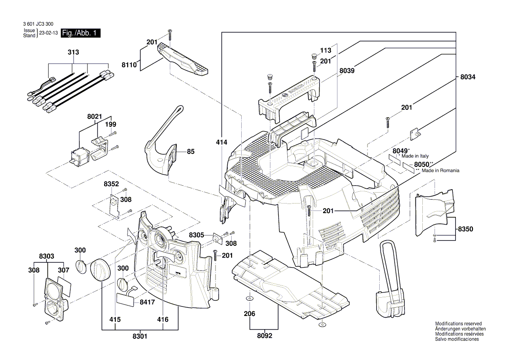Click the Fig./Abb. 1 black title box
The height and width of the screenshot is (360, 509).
coord(81,33)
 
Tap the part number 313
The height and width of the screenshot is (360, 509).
coord(73,52)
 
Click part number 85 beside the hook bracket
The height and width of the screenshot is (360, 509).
coord(190,152)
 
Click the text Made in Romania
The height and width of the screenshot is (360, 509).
coord(440,171)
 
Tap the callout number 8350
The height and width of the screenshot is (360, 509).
coord(465,229)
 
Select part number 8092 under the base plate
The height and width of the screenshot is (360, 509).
coord(264,336)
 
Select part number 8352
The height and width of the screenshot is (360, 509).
coord(111,184)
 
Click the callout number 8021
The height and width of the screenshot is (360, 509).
coord(94,117)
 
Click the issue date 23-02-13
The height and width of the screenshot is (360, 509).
coord(48,34)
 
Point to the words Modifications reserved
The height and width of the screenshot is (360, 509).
coord(458,324)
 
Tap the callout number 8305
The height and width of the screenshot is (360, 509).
coord(196,235)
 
